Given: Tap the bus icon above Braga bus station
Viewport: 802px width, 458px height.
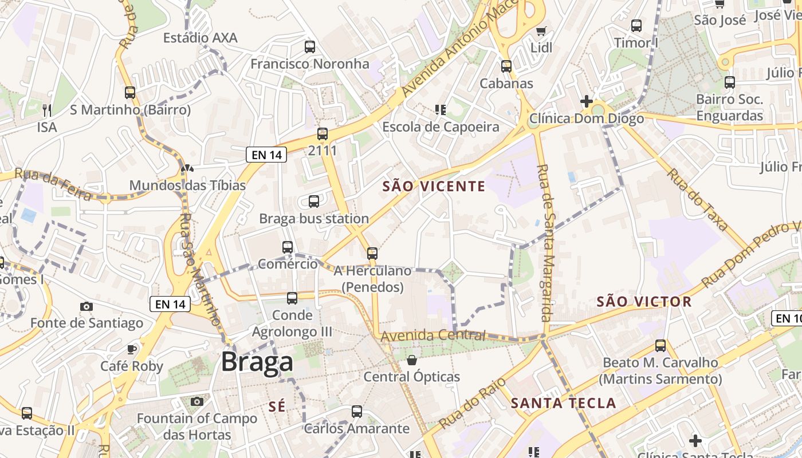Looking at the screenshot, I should pos(314,202).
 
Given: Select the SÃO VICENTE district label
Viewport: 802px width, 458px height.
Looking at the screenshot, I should pos(434,186).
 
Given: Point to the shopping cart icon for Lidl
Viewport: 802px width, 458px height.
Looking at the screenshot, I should pos(541,31).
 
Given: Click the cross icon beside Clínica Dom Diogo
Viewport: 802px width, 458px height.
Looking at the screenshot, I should pos(586,102).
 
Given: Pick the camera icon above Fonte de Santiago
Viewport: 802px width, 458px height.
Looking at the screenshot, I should pos(87,306).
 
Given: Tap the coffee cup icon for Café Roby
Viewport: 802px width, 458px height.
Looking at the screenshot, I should pos(132,349).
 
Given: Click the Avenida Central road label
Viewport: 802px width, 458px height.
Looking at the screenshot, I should pos(433,335).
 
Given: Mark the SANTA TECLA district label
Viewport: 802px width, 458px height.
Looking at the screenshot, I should pos(563,403).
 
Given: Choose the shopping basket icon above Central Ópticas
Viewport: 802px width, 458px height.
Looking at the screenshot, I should pos(412,360).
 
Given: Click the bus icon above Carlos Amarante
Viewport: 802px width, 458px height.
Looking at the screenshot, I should pos(357,411).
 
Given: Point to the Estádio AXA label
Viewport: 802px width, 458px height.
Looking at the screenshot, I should pos(200,38).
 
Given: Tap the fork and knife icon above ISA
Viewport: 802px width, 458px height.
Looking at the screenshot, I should pos(47,109).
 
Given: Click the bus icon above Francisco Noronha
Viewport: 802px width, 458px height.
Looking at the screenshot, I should pos(310,47).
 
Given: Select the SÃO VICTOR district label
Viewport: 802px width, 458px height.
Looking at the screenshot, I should pos(644,301).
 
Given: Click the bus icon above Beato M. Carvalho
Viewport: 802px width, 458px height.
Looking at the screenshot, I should pos(661,346).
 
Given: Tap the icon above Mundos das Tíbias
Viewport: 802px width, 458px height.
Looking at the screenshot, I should pos(187,168).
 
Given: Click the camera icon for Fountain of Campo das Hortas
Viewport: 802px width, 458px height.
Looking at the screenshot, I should pos(197,401).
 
